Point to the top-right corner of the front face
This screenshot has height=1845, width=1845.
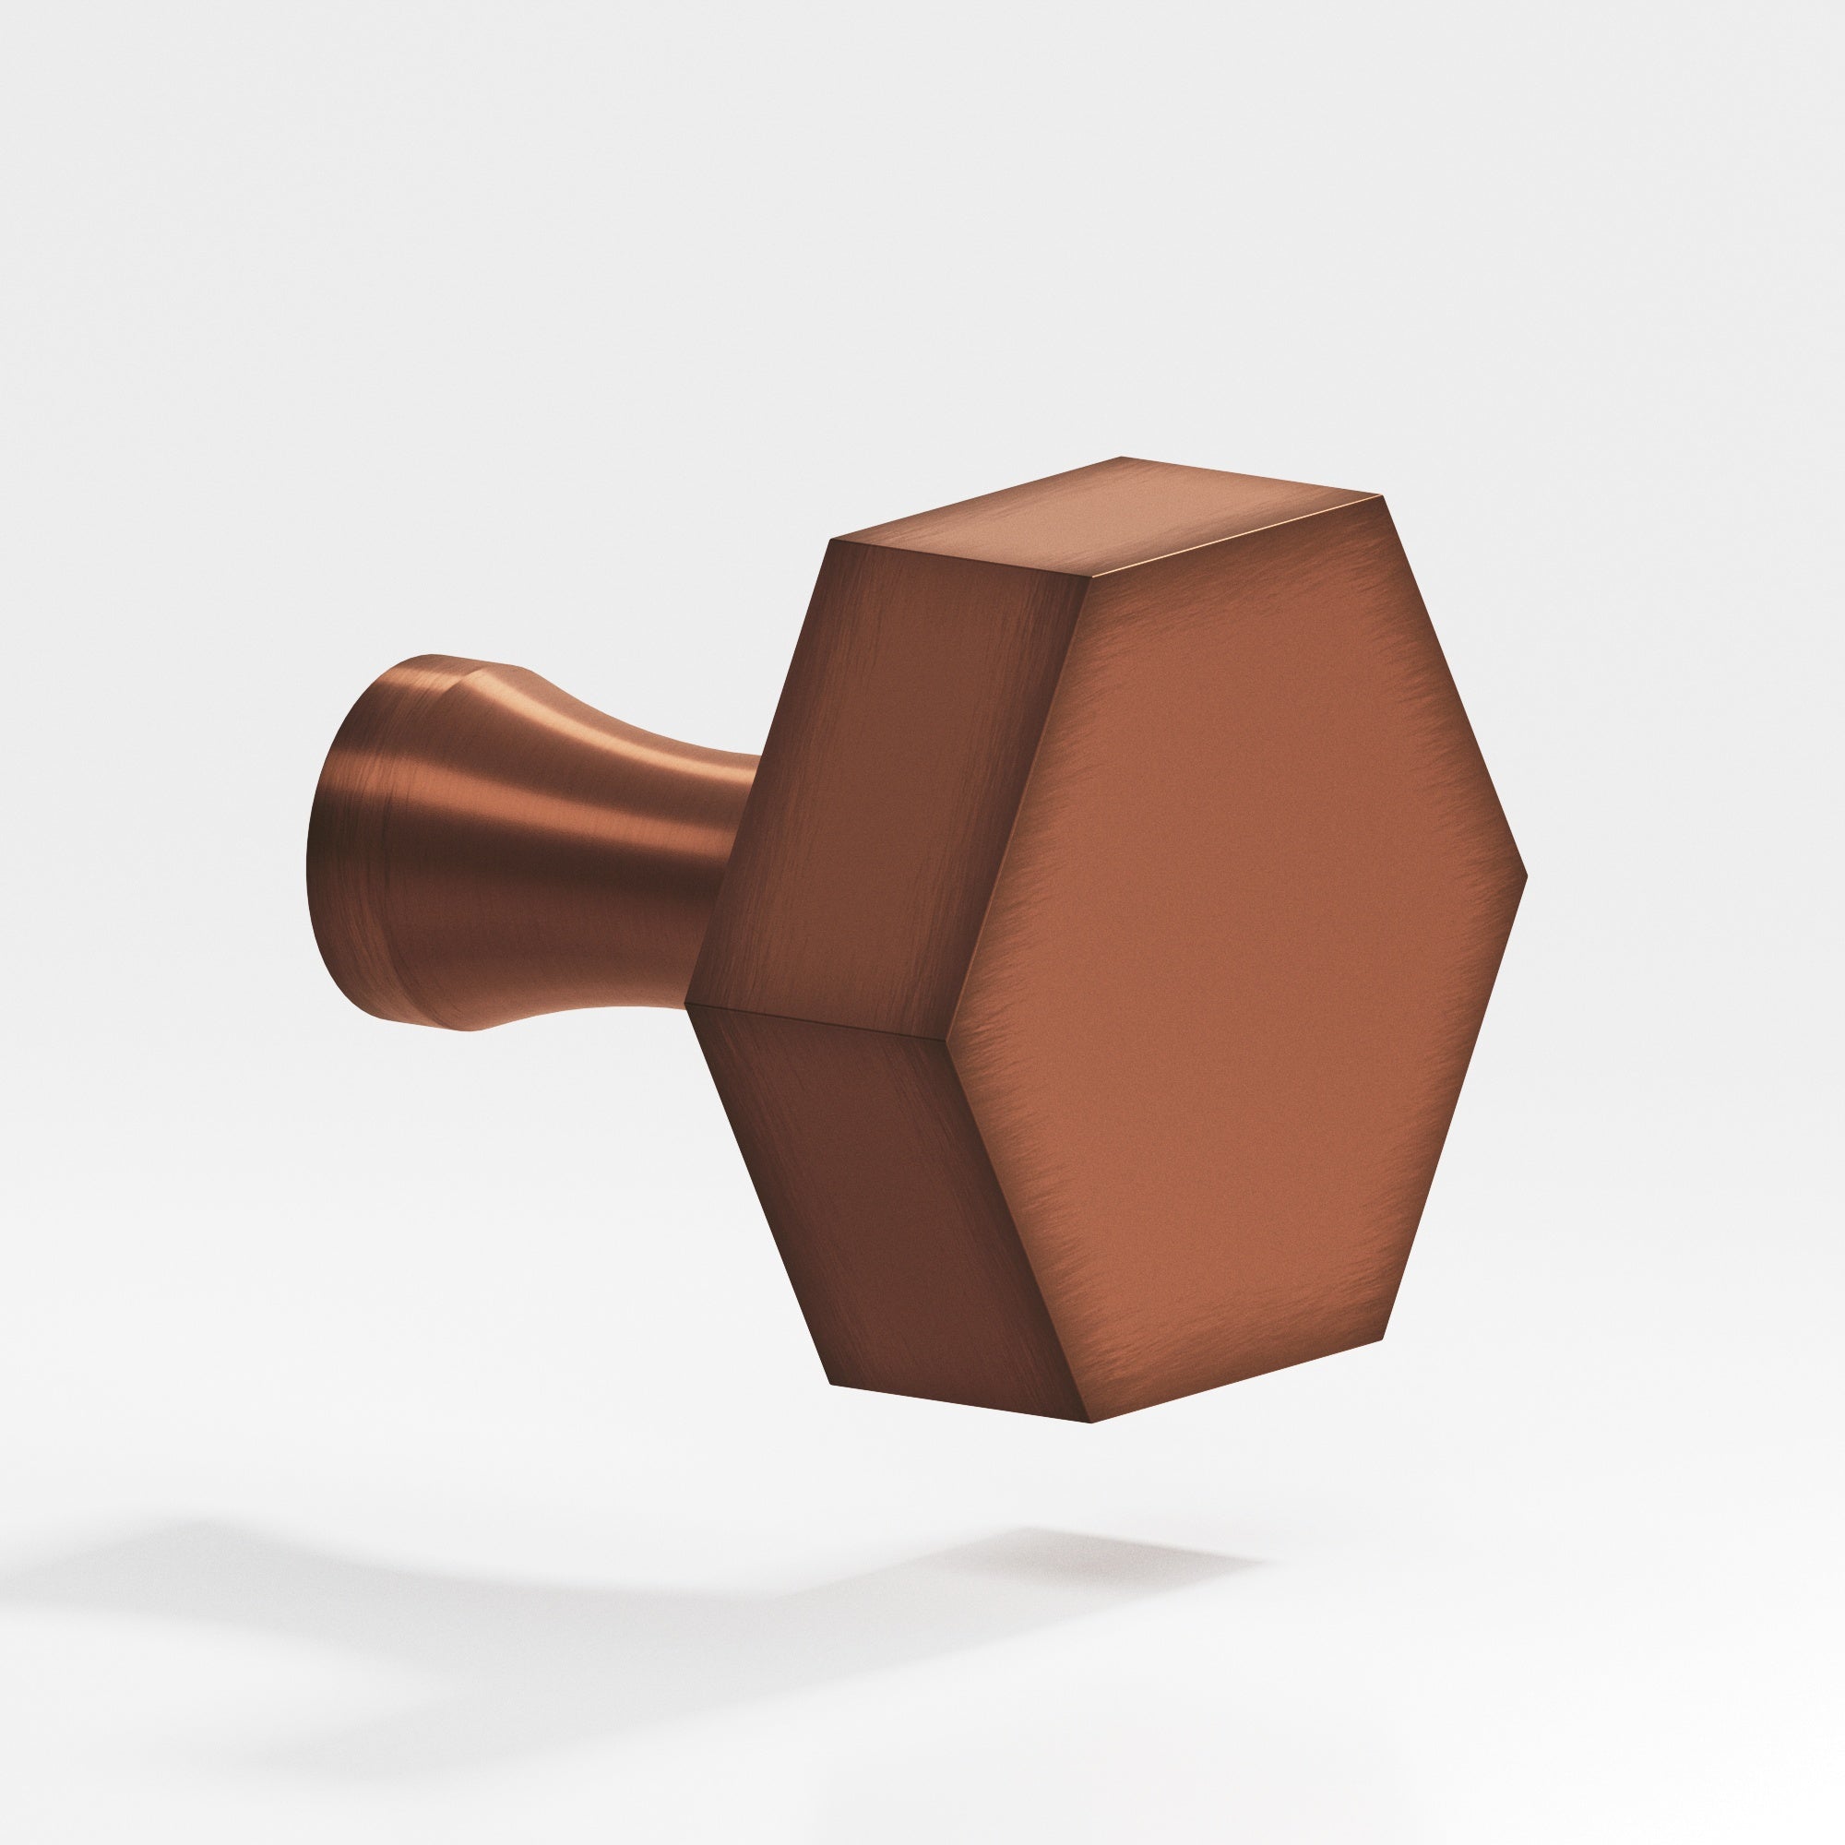pyautogui.click(x=1382, y=496)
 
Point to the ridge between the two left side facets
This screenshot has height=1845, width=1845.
pyautogui.click(x=812, y=1022)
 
